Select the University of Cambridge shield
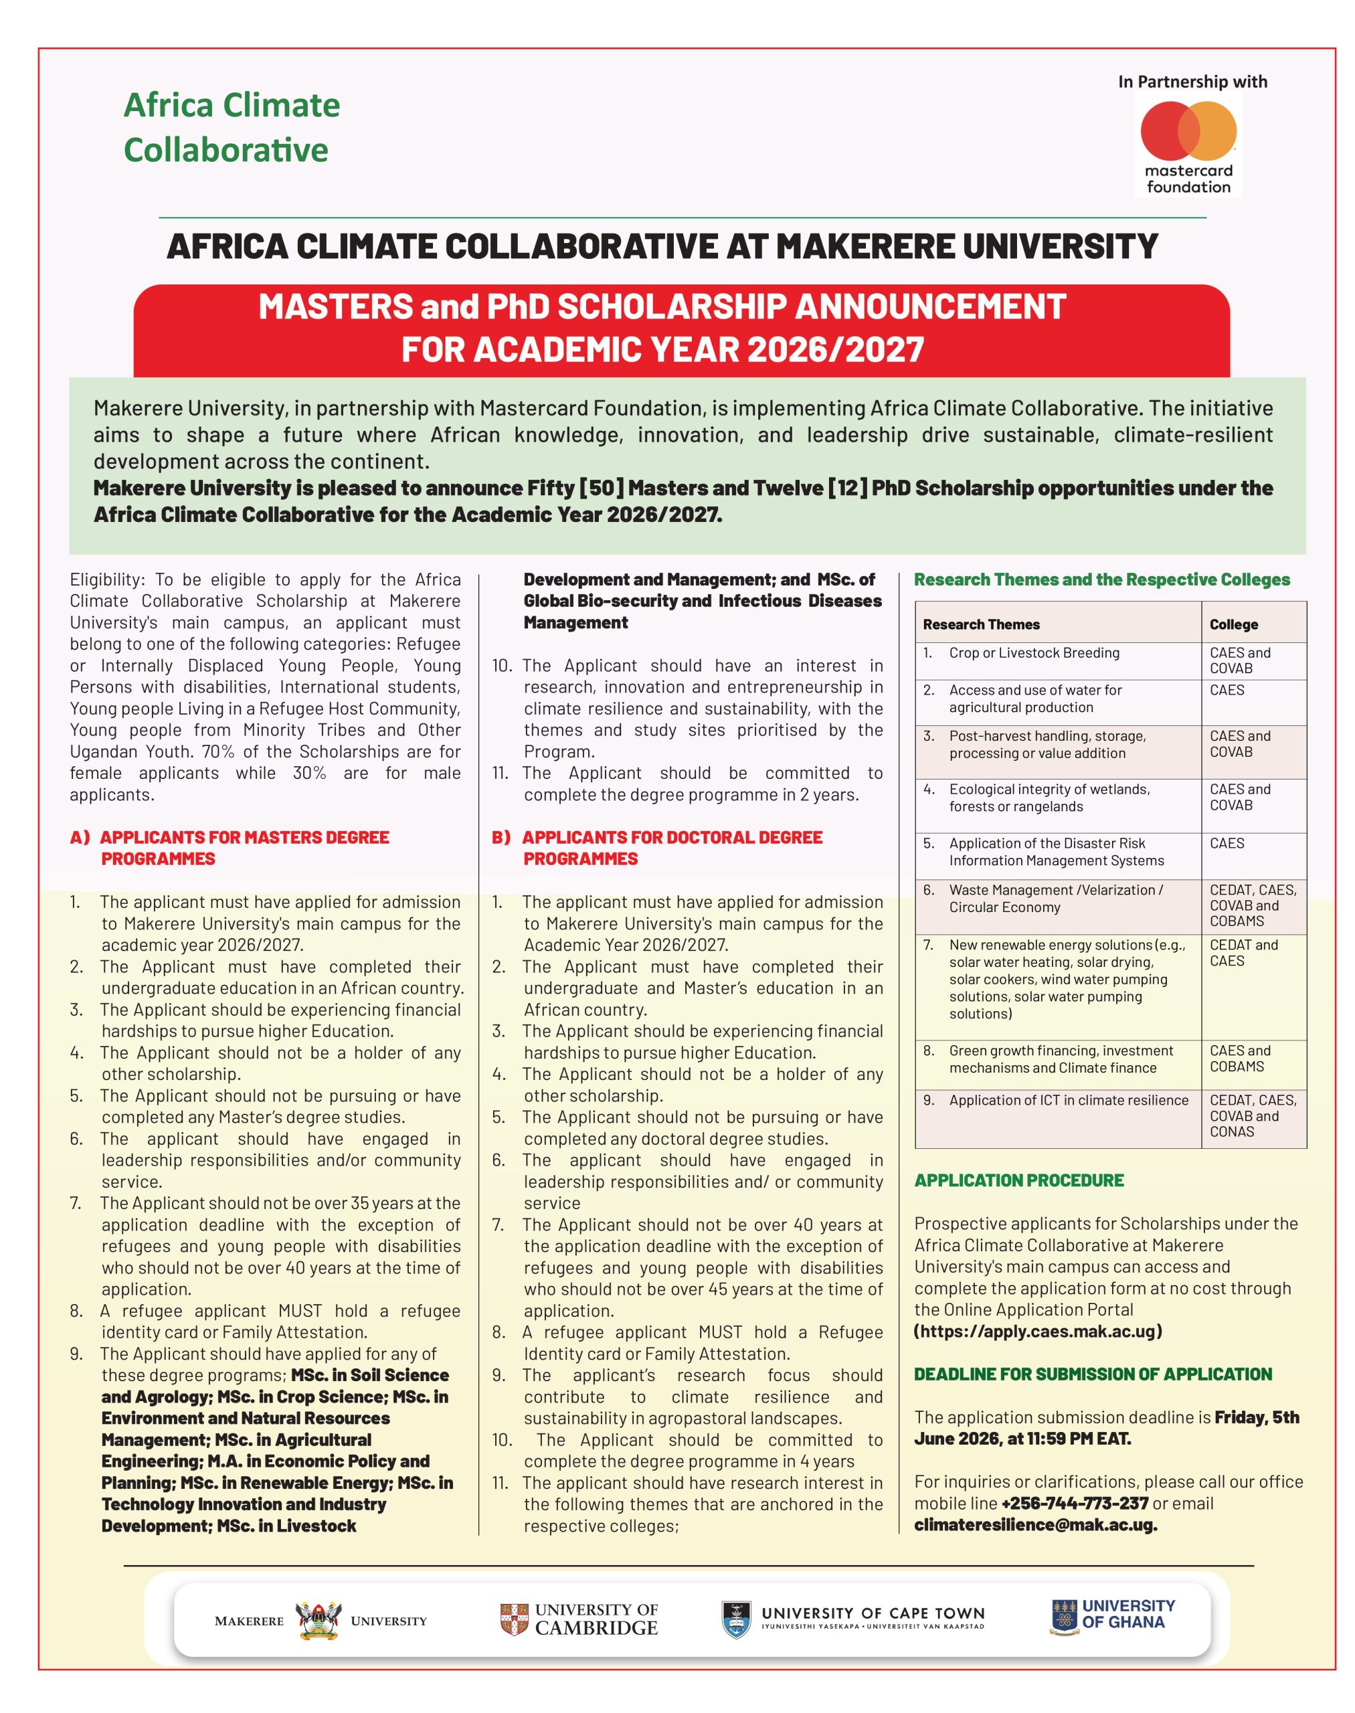click(514, 1619)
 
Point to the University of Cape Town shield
click(735, 1619)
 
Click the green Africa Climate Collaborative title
click(231, 127)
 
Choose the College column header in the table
click(1234, 624)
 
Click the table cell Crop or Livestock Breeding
click(1034, 653)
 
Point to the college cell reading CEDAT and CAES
click(1243, 952)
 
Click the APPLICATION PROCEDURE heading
click(1018, 1180)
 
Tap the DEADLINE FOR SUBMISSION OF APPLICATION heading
click(1093, 1374)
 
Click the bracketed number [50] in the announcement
click(602, 488)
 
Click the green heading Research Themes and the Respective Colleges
click(1102, 579)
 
